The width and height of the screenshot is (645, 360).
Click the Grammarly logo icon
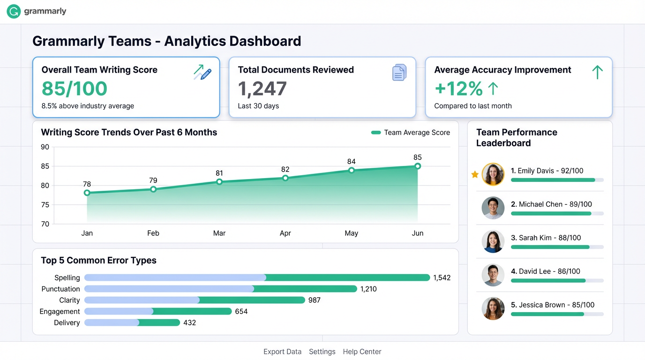coord(14,12)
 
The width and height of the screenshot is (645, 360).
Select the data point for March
coord(219,182)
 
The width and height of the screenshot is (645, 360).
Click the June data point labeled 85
coord(418,166)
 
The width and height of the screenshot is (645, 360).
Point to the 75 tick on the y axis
coord(45,205)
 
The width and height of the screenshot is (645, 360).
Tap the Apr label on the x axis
coord(285,233)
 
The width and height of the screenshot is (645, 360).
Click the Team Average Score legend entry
coord(411,133)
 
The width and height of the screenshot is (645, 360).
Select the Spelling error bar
coord(257,277)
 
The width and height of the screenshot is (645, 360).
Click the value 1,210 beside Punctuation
coord(368,289)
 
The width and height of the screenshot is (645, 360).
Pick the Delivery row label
coord(67,323)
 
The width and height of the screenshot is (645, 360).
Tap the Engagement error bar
coord(158,311)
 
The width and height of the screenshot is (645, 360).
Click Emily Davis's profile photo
coord(493,174)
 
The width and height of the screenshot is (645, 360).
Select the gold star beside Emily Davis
coord(475,174)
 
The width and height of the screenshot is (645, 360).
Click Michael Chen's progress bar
coord(557,214)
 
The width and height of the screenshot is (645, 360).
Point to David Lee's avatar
coord(493,275)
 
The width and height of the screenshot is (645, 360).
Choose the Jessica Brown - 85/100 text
coord(553,305)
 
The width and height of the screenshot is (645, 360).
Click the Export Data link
coord(282,352)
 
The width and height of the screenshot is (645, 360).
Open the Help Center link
coord(362,352)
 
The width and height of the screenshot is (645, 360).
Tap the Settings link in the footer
coord(322,352)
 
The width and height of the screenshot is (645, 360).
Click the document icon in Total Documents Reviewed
coord(399,73)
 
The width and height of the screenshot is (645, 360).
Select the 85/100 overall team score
coord(75,89)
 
